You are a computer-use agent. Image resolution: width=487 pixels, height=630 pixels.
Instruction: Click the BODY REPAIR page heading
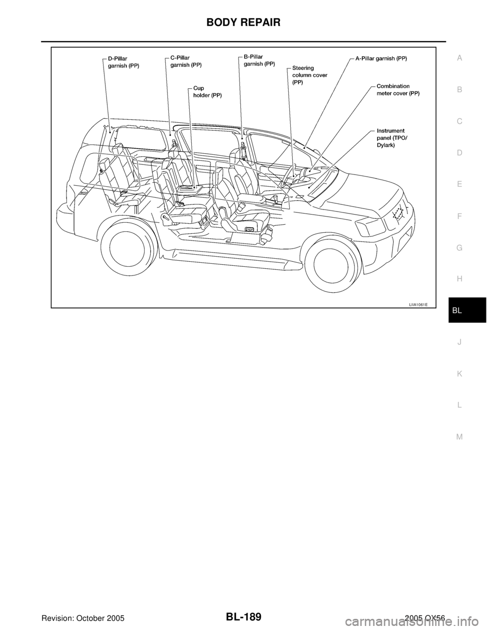243,22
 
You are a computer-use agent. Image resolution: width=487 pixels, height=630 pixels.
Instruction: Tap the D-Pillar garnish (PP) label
123,62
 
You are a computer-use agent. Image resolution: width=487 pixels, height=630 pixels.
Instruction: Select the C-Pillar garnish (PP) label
186,61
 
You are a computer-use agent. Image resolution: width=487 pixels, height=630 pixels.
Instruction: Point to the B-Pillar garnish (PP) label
259,60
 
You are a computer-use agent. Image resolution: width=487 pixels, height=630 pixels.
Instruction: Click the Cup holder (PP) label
207,92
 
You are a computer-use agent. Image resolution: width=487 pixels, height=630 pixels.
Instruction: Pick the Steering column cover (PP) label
309,75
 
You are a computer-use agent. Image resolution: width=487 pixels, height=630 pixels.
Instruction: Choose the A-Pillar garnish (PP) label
381,58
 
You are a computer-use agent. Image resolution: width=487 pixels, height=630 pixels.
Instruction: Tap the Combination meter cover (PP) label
398,90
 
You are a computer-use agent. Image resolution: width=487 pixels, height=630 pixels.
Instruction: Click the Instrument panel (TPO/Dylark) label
392,138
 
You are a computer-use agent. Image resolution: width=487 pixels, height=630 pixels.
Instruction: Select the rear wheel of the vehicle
127,243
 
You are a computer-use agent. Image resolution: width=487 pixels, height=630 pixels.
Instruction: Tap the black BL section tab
467,310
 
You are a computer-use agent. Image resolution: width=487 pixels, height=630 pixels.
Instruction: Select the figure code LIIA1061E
419,305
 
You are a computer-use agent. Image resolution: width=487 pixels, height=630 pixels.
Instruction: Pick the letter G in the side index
460,248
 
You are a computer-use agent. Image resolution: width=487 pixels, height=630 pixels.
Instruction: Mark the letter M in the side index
460,436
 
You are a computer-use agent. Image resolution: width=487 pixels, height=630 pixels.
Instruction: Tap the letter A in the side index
460,58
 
